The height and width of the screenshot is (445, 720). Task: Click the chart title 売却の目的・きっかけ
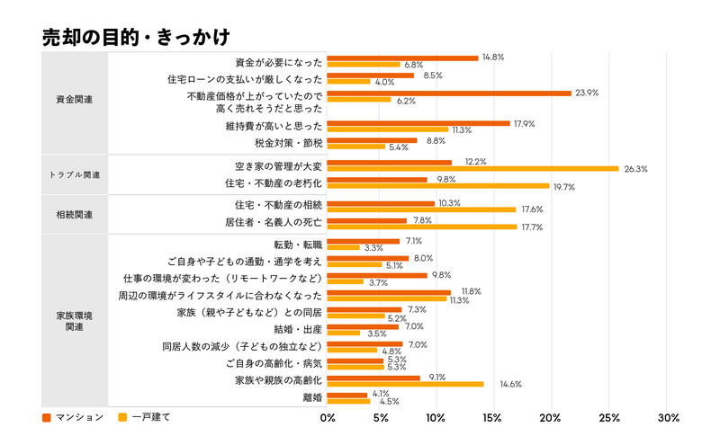click(136, 38)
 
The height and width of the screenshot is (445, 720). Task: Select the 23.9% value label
click(587, 93)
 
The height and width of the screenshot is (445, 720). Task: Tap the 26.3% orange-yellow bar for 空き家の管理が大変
click(472, 169)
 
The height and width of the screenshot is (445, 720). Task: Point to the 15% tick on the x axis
click(494, 418)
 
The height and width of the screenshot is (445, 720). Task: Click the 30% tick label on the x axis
click(668, 418)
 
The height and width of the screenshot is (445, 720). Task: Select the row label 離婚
click(312, 396)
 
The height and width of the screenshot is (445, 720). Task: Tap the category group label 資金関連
click(74, 99)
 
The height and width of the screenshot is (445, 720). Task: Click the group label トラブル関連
click(74, 174)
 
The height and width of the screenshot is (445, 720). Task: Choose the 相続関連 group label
click(74, 215)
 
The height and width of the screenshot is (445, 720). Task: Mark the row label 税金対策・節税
click(289, 142)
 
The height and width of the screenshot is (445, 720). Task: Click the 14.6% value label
click(499, 384)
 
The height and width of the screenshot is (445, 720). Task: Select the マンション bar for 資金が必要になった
click(402, 58)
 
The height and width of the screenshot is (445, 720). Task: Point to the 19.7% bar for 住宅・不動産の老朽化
click(437, 186)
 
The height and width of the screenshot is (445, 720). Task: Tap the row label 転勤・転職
click(297, 245)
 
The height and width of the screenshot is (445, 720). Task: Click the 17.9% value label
click(524, 123)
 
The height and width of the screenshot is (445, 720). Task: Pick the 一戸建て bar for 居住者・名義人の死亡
click(421, 227)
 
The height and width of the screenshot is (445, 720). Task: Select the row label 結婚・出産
click(297, 329)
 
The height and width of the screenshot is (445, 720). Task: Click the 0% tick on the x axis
click(328, 418)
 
